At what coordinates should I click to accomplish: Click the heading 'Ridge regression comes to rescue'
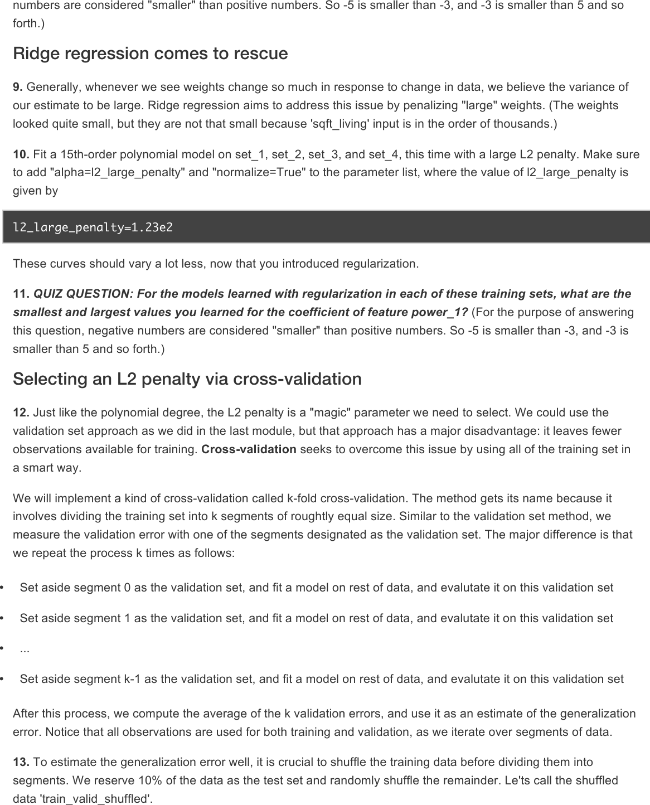click(151, 54)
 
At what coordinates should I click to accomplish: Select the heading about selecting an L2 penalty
click(187, 379)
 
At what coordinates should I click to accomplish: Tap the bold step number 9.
click(18, 88)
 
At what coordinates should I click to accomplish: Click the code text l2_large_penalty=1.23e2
click(93, 227)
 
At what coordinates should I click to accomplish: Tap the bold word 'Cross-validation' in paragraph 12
click(249, 450)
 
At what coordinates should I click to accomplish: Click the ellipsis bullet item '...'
click(25, 649)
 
